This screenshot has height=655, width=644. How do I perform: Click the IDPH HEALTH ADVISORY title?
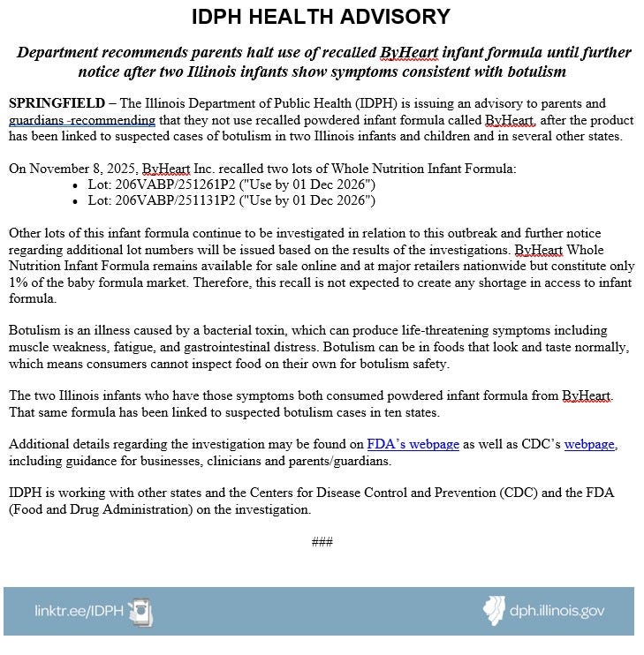click(322, 17)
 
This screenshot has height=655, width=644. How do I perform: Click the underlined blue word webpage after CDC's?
click(589, 444)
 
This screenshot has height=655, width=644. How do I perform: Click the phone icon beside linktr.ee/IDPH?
click(140, 611)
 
